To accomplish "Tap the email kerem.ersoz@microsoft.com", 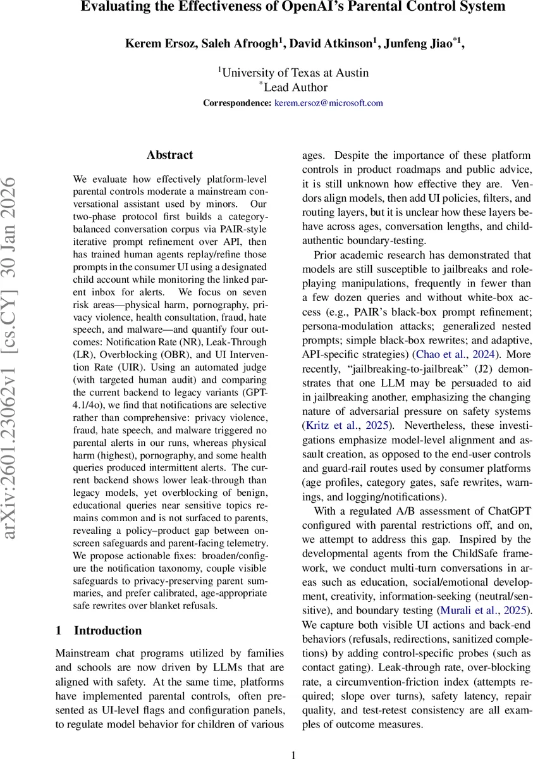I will click(328, 102).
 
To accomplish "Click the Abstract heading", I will click(169, 155).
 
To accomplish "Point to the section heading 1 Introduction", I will click(99, 631).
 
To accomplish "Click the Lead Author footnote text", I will click(295, 87).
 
